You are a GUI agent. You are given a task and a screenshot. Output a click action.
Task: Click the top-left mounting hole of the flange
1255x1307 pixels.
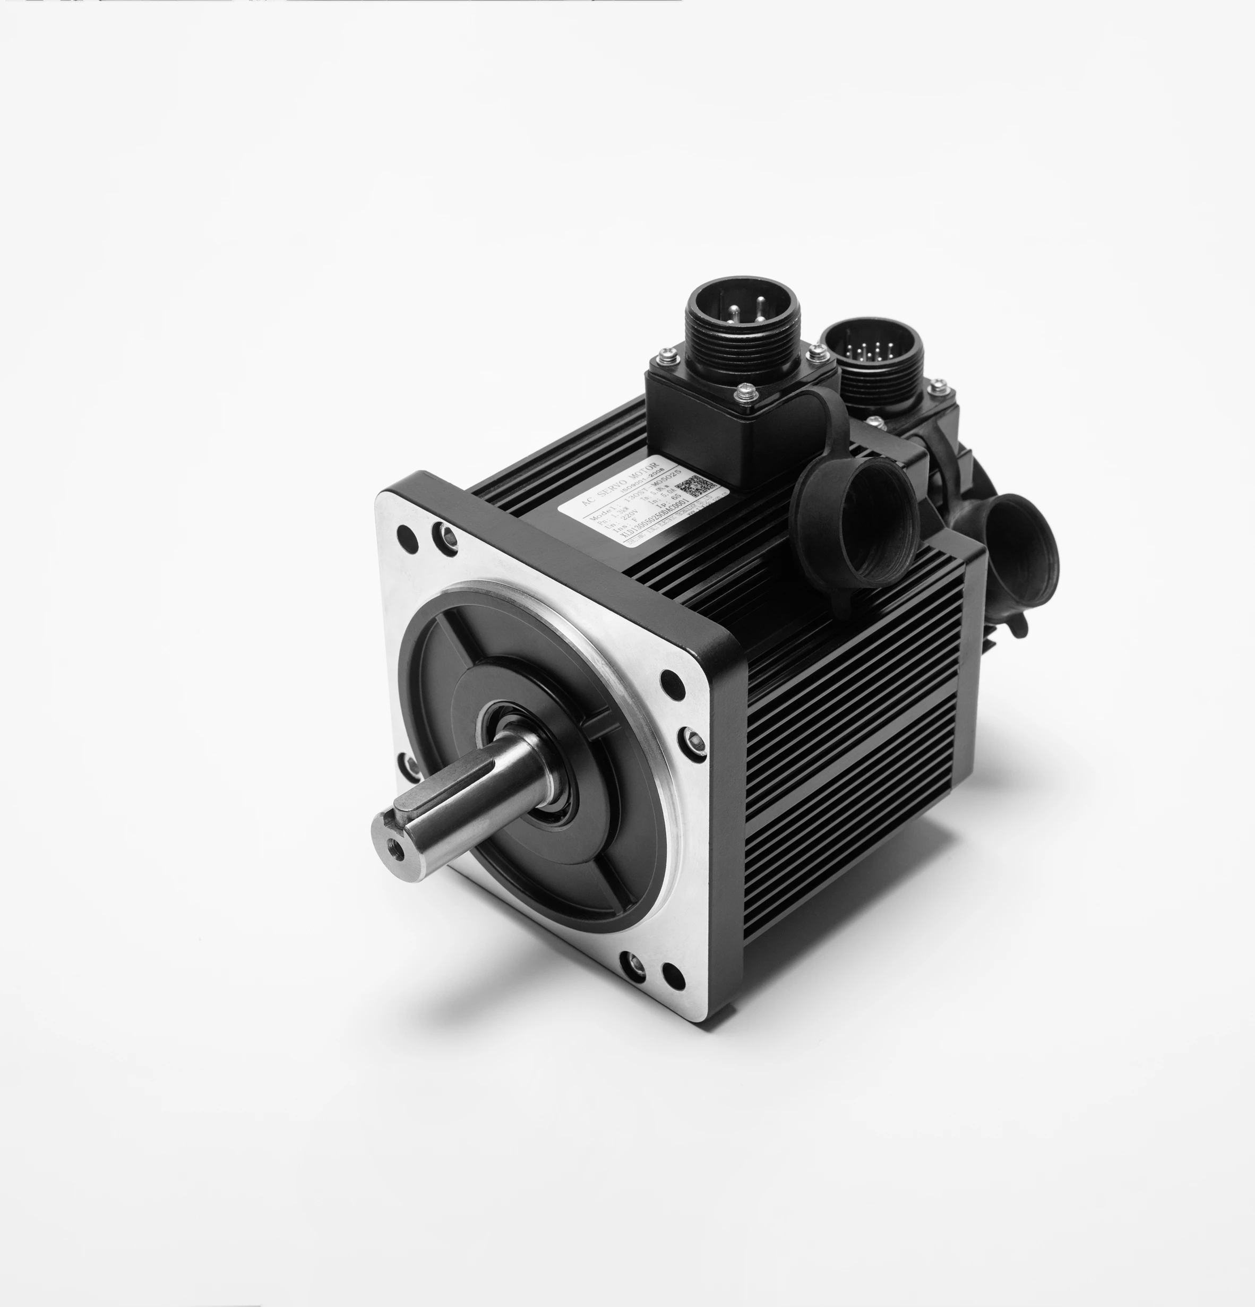[x=405, y=535]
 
